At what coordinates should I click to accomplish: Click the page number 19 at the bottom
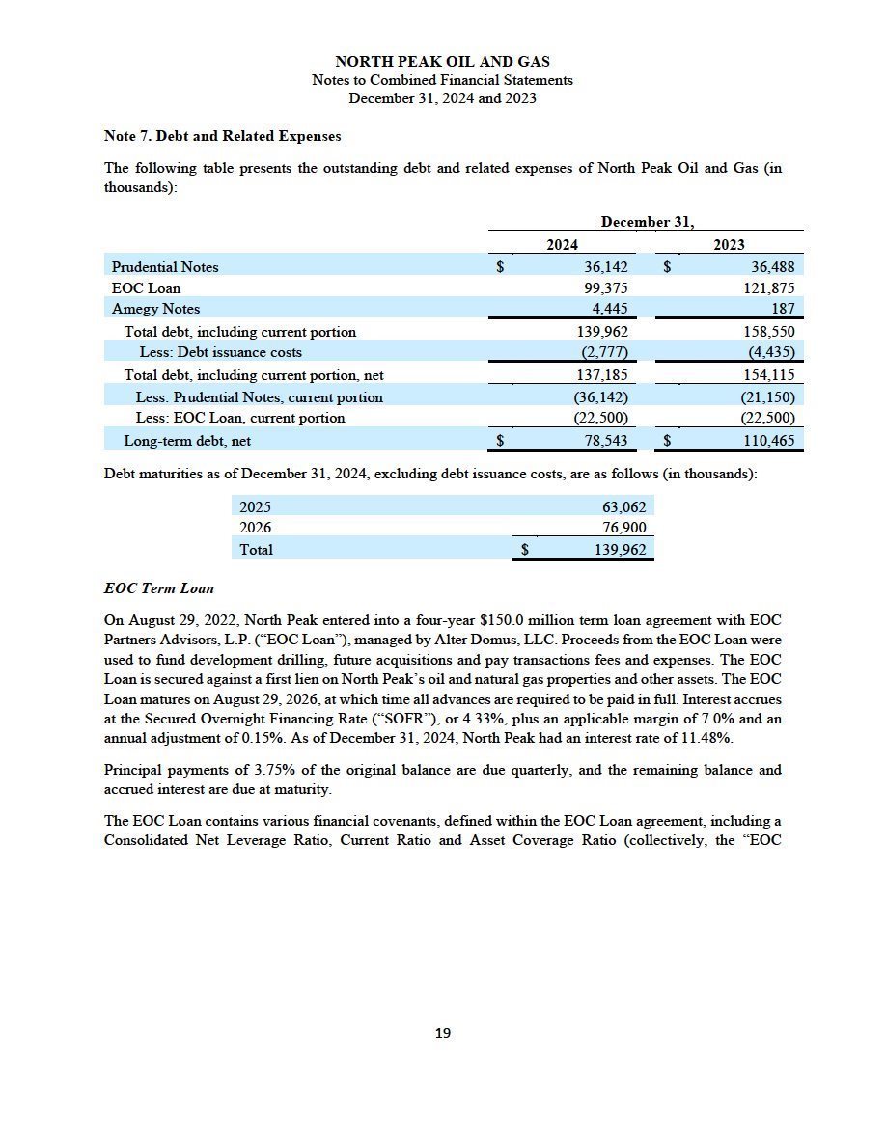click(443, 1033)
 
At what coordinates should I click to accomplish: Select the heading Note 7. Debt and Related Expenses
click(222, 136)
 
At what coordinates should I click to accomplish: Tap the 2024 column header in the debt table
click(562, 245)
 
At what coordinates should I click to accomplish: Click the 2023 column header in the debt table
click(729, 245)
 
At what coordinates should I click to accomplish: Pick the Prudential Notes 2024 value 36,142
click(606, 267)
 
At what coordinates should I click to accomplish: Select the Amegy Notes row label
click(155, 309)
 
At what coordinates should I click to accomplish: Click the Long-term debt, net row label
click(187, 441)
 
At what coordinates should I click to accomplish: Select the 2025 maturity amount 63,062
click(623, 506)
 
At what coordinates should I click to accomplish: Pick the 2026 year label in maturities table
click(256, 528)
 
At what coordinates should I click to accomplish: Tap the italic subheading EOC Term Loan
click(158, 588)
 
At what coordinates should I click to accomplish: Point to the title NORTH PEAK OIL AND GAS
click(442, 62)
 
